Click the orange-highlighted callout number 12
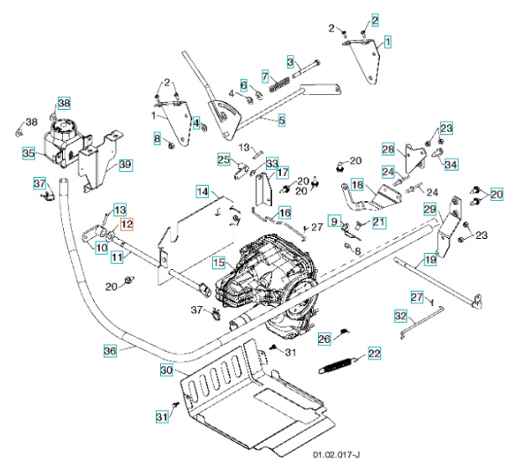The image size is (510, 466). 126,224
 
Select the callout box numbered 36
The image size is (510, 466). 109,352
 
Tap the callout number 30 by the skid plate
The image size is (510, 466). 166,370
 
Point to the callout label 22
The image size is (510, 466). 373,353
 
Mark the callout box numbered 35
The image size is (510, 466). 28,154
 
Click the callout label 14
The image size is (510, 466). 202,192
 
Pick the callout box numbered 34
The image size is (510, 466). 451,164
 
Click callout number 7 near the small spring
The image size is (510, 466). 264,77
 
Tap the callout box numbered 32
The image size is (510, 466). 400,316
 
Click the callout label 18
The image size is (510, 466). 356,184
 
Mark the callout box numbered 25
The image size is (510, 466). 223,159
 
